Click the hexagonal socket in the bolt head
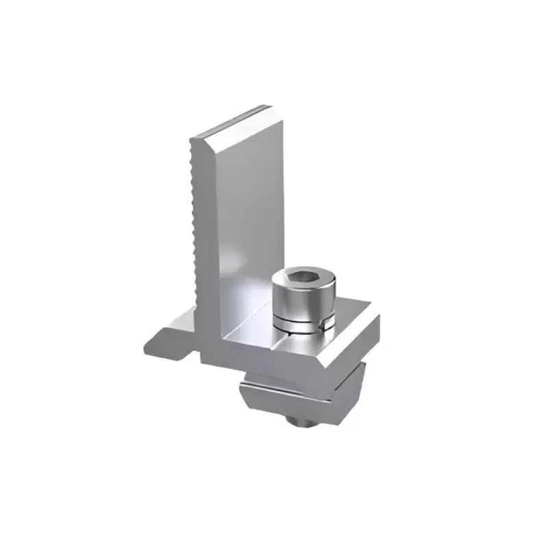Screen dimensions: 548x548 tap(301, 276)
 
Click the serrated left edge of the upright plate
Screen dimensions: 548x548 tap(195, 226)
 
